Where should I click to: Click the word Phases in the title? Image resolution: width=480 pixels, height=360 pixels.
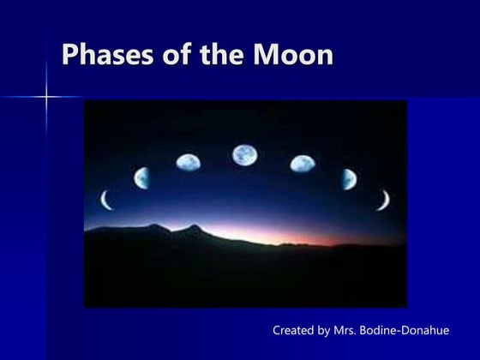(x=104, y=55)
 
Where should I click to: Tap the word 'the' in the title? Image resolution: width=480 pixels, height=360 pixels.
(x=223, y=55)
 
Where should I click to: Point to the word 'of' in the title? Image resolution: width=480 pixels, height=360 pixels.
(x=173, y=55)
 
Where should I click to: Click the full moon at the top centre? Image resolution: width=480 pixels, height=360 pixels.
(x=245, y=155)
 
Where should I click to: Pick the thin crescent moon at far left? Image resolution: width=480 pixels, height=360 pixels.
(x=106, y=200)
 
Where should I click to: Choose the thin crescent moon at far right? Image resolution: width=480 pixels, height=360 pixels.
(x=384, y=200)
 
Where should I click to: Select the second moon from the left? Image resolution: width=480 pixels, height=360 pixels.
(x=141, y=177)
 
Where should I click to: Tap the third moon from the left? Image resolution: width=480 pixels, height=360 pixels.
(x=188, y=161)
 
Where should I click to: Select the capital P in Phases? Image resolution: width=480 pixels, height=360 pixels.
(x=69, y=55)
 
